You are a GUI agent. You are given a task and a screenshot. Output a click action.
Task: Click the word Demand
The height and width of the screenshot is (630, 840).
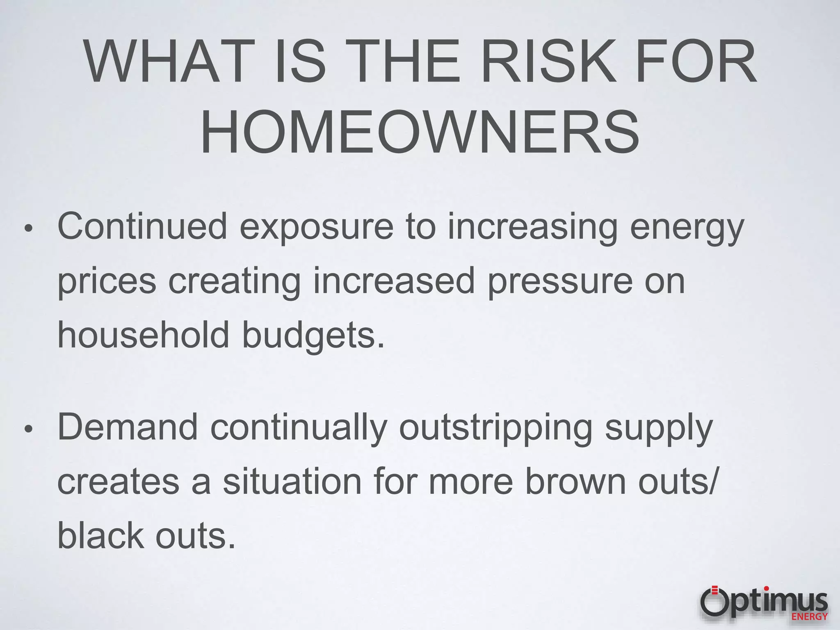point(128,427)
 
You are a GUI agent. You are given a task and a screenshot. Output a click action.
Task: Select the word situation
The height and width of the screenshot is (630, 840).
point(292,482)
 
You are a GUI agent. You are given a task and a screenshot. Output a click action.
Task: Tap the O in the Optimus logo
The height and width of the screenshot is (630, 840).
point(715,602)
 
